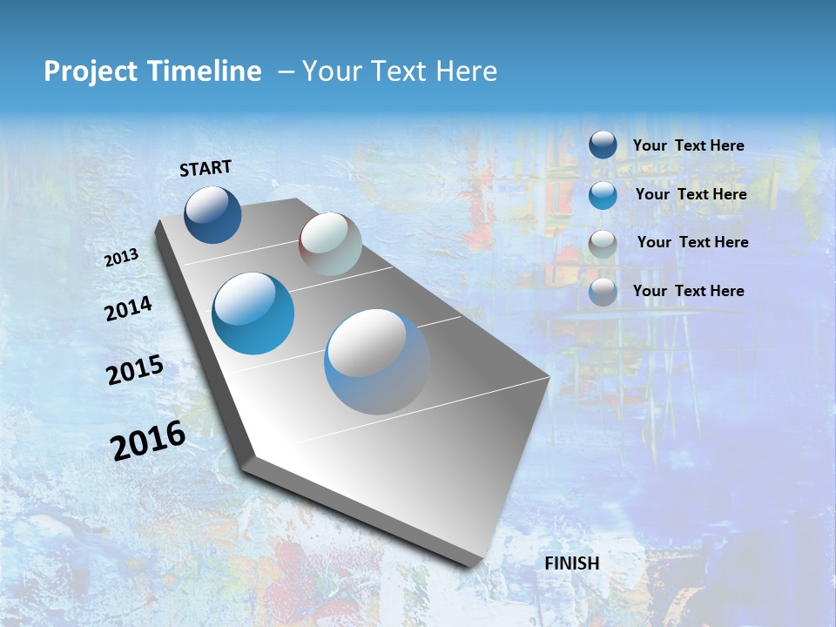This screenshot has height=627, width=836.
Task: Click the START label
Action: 206,168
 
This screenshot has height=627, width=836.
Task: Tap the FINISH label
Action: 572,563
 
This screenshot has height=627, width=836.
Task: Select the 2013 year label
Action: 122,257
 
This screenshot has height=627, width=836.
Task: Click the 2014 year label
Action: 128,308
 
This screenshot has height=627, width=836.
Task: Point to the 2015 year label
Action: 135,370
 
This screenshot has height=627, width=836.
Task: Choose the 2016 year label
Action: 148,441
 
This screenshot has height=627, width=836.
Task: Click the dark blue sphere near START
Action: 212,214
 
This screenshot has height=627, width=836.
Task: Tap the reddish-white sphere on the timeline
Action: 330,244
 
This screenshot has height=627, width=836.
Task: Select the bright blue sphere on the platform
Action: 253,313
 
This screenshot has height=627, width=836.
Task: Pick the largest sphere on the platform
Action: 376,361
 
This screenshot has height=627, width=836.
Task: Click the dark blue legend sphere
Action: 603,145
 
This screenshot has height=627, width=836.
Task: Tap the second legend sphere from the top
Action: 603,195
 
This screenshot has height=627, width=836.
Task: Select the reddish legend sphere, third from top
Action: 603,244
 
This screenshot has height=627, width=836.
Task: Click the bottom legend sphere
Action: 603,292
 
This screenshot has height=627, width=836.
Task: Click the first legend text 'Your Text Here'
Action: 688,145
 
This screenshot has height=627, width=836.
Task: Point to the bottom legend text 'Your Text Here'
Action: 688,291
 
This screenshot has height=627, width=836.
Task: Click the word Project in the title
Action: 91,71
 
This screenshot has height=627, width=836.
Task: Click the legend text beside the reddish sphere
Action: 692,242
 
